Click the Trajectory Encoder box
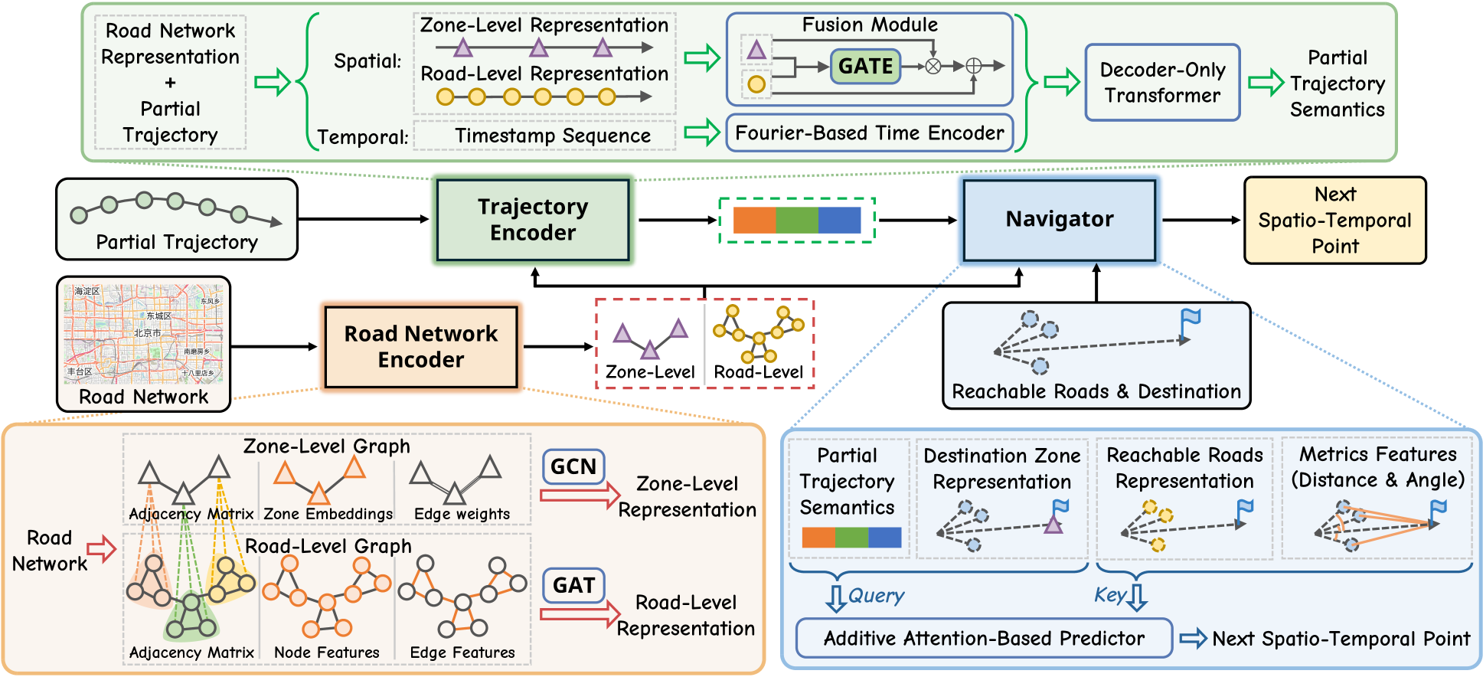click(533, 220)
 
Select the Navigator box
click(1059, 220)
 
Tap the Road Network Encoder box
click(421, 347)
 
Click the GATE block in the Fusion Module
click(865, 67)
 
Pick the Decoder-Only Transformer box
click(1162, 83)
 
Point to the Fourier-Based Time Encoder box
click(869, 133)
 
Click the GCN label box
click(573, 466)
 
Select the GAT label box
click(573, 585)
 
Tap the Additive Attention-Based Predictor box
click(984, 639)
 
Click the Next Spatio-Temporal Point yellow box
click(1334, 221)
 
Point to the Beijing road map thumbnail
click(144, 334)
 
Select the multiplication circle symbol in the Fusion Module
click(933, 67)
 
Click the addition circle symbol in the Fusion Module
click(973, 67)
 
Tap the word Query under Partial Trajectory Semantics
click(877, 596)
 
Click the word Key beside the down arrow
click(1109, 595)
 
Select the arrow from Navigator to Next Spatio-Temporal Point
click(1200, 221)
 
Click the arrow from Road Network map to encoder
click(273, 347)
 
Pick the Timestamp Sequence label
click(553, 136)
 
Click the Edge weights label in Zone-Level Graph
click(462, 514)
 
